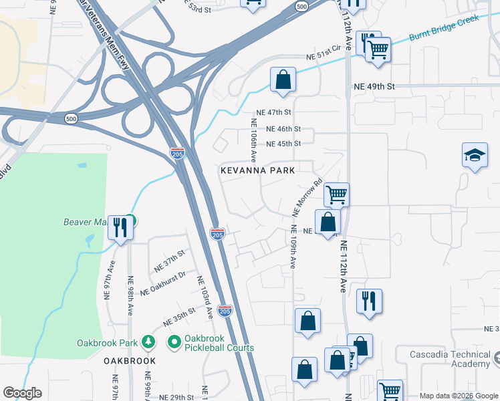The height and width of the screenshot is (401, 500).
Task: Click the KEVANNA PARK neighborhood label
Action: coord(258,170)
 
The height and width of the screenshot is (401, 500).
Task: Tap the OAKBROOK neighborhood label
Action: coord(130,361)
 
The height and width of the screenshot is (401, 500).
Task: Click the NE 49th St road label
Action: coord(375,86)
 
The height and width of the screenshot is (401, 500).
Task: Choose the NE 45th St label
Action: coord(283,144)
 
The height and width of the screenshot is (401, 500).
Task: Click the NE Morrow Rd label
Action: coord(308,197)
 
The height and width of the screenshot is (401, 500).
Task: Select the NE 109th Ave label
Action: coord(293,247)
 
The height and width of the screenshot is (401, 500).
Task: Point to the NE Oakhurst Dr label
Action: coord(162,285)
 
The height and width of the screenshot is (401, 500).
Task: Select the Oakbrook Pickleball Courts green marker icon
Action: coord(174,342)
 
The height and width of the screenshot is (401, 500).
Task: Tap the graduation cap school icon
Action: coord(475,156)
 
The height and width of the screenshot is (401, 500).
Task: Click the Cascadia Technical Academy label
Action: coord(453,359)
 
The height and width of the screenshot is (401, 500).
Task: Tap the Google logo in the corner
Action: coord(22,393)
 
